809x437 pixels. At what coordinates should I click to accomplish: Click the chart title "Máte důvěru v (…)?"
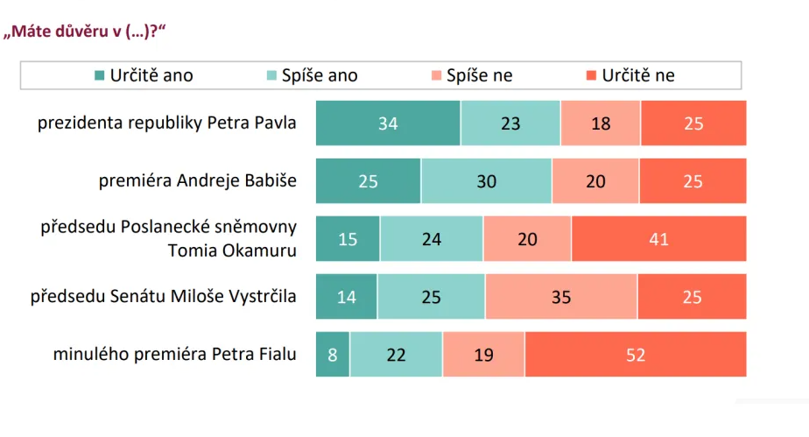tap(86, 32)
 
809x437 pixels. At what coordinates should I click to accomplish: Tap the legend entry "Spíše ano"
tap(311, 75)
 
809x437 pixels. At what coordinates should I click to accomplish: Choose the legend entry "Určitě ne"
tap(630, 75)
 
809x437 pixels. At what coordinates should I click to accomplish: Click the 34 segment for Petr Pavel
tap(388, 123)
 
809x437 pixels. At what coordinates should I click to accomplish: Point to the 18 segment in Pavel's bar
tap(601, 123)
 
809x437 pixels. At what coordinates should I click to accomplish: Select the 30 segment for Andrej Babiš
tap(486, 181)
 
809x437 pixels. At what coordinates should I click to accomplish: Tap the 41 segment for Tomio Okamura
tap(658, 238)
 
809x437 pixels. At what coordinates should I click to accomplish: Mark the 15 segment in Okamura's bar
tap(348, 238)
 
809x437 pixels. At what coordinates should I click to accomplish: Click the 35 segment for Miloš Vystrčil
tap(561, 297)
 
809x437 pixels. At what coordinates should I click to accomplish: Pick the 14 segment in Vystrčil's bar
tap(347, 297)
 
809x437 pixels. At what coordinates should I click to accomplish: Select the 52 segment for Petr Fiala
tap(636, 355)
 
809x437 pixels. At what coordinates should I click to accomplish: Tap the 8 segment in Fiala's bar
tap(333, 355)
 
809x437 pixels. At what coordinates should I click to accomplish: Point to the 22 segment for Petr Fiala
tap(397, 355)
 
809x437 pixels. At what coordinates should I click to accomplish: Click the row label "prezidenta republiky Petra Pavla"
tap(166, 123)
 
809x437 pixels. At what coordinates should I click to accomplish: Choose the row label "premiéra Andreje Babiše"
tap(198, 181)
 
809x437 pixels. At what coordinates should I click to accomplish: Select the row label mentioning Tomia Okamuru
tap(169, 238)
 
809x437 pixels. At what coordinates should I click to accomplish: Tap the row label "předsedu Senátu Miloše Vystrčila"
tap(164, 297)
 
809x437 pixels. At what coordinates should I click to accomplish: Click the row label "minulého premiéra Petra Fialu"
tap(174, 355)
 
